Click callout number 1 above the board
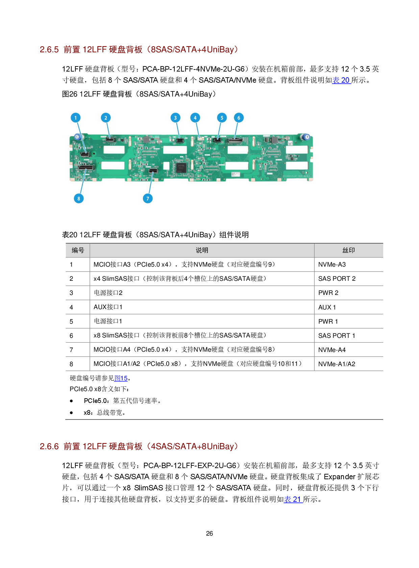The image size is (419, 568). tap(75, 118)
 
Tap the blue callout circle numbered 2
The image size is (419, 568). tap(106, 118)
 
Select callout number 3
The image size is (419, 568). tap(175, 118)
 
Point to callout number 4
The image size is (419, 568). tap(195, 118)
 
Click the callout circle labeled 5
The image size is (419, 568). tap(222, 118)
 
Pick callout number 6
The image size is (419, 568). tap(239, 118)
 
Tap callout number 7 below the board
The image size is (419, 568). tap(148, 198)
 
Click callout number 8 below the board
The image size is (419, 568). tap(79, 198)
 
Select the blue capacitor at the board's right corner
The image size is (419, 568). tap(305, 137)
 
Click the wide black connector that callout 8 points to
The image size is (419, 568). tap(86, 167)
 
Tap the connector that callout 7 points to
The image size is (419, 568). tap(153, 171)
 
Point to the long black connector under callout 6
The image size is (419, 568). tap(235, 140)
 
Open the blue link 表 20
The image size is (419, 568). tap(341, 80)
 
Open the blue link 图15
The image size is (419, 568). tap(121, 378)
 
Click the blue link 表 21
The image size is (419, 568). tap(293, 499)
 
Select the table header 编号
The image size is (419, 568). tap(78, 250)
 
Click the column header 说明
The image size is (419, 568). tap(202, 250)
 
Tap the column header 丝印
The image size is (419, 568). tap(348, 250)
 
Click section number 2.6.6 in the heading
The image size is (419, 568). tap(49, 447)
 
